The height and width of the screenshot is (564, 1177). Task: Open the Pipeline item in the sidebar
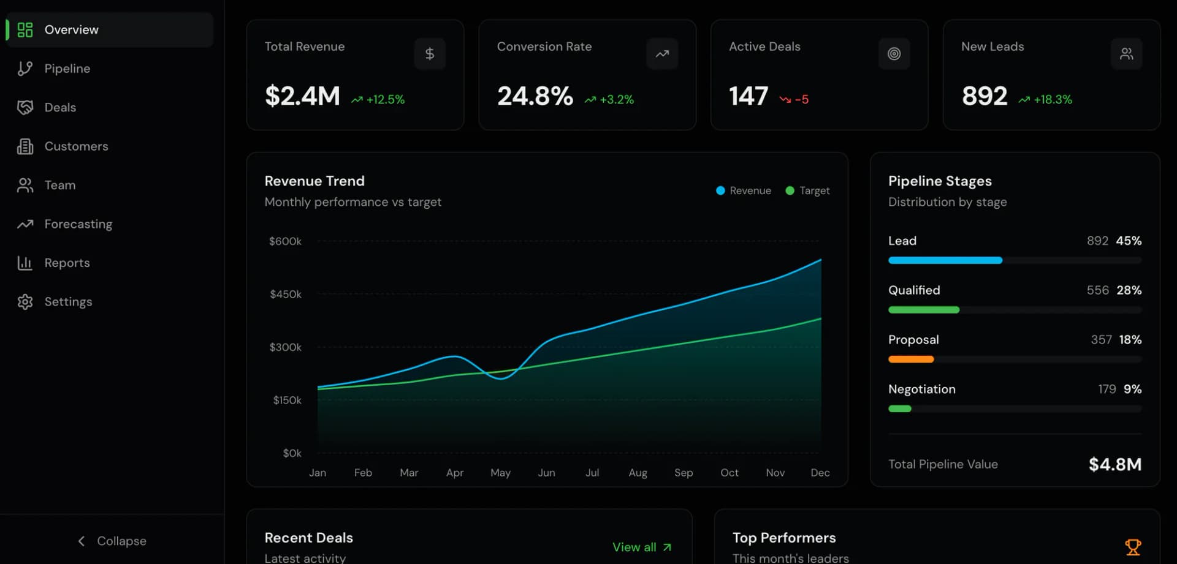pyautogui.click(x=54, y=69)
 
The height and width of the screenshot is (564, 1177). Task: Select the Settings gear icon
pyautogui.click(x=25, y=302)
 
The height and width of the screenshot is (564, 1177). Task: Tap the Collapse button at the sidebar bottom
pyautogui.click(x=112, y=541)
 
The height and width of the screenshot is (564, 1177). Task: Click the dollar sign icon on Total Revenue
pyautogui.click(x=430, y=54)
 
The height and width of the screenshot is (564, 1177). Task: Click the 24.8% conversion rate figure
pyautogui.click(x=535, y=96)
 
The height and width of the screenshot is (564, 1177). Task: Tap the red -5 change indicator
pyautogui.click(x=794, y=99)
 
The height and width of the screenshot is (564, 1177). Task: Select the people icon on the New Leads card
pyautogui.click(x=1127, y=54)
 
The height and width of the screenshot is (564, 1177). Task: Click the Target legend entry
pyautogui.click(x=808, y=190)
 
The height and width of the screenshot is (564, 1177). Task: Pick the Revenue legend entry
pyautogui.click(x=744, y=190)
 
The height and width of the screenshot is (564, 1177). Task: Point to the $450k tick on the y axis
pyautogui.click(x=286, y=294)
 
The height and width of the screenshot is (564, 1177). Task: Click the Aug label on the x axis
pyautogui.click(x=638, y=473)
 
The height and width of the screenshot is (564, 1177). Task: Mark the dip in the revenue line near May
pyautogui.click(x=501, y=378)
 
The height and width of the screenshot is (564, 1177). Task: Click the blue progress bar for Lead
pyautogui.click(x=945, y=260)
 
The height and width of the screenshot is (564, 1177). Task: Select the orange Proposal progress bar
pyautogui.click(x=911, y=359)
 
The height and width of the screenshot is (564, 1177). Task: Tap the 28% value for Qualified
pyautogui.click(x=1129, y=290)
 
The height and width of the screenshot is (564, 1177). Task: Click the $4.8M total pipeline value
pyautogui.click(x=1115, y=464)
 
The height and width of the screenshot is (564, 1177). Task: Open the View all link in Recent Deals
pyautogui.click(x=642, y=547)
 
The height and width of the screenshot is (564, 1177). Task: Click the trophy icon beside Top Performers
pyautogui.click(x=1133, y=547)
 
